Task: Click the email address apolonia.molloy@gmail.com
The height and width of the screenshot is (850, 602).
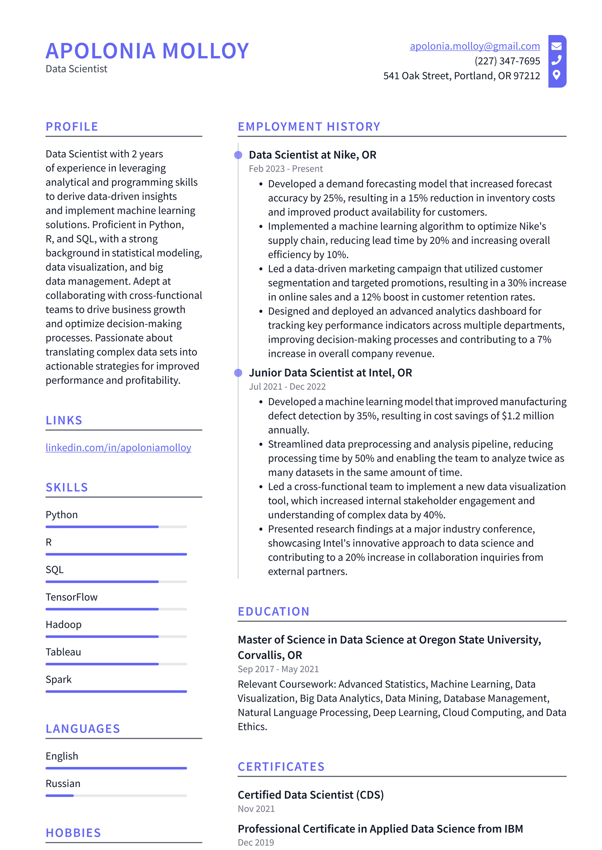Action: pyautogui.click(x=474, y=46)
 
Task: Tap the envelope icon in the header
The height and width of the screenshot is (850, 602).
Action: pyautogui.click(x=556, y=46)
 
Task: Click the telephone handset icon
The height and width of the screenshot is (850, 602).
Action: pyautogui.click(x=556, y=60)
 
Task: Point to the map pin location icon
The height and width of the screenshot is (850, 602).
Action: pyautogui.click(x=556, y=75)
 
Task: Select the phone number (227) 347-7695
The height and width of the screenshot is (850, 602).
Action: pyautogui.click(x=507, y=61)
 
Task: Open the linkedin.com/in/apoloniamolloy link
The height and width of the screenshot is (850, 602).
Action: pyautogui.click(x=118, y=447)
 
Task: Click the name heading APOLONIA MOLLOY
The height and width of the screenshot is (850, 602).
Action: pyautogui.click(x=147, y=51)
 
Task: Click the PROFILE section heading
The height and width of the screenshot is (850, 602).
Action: pyautogui.click(x=72, y=127)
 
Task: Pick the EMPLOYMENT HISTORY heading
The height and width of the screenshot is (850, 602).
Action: pyautogui.click(x=309, y=127)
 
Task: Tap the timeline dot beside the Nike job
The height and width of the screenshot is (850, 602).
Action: pyautogui.click(x=238, y=155)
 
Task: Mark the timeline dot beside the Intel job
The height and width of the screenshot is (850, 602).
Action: pyautogui.click(x=238, y=373)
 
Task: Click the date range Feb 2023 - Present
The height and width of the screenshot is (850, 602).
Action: pyautogui.click(x=286, y=169)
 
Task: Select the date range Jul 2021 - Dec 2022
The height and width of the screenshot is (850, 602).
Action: pyautogui.click(x=287, y=386)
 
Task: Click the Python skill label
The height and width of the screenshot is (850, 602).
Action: pyautogui.click(x=62, y=515)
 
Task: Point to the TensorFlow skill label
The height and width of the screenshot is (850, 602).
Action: pyautogui.click(x=71, y=597)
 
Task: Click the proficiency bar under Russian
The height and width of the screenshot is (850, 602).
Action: pyautogui.click(x=116, y=795)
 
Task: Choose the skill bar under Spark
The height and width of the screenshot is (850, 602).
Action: pyautogui.click(x=116, y=691)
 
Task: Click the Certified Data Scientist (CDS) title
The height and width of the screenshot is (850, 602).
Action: pyautogui.click(x=310, y=795)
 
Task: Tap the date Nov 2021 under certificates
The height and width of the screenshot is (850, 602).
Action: pyautogui.click(x=256, y=809)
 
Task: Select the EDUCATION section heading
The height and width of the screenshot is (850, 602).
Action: pyautogui.click(x=274, y=612)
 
